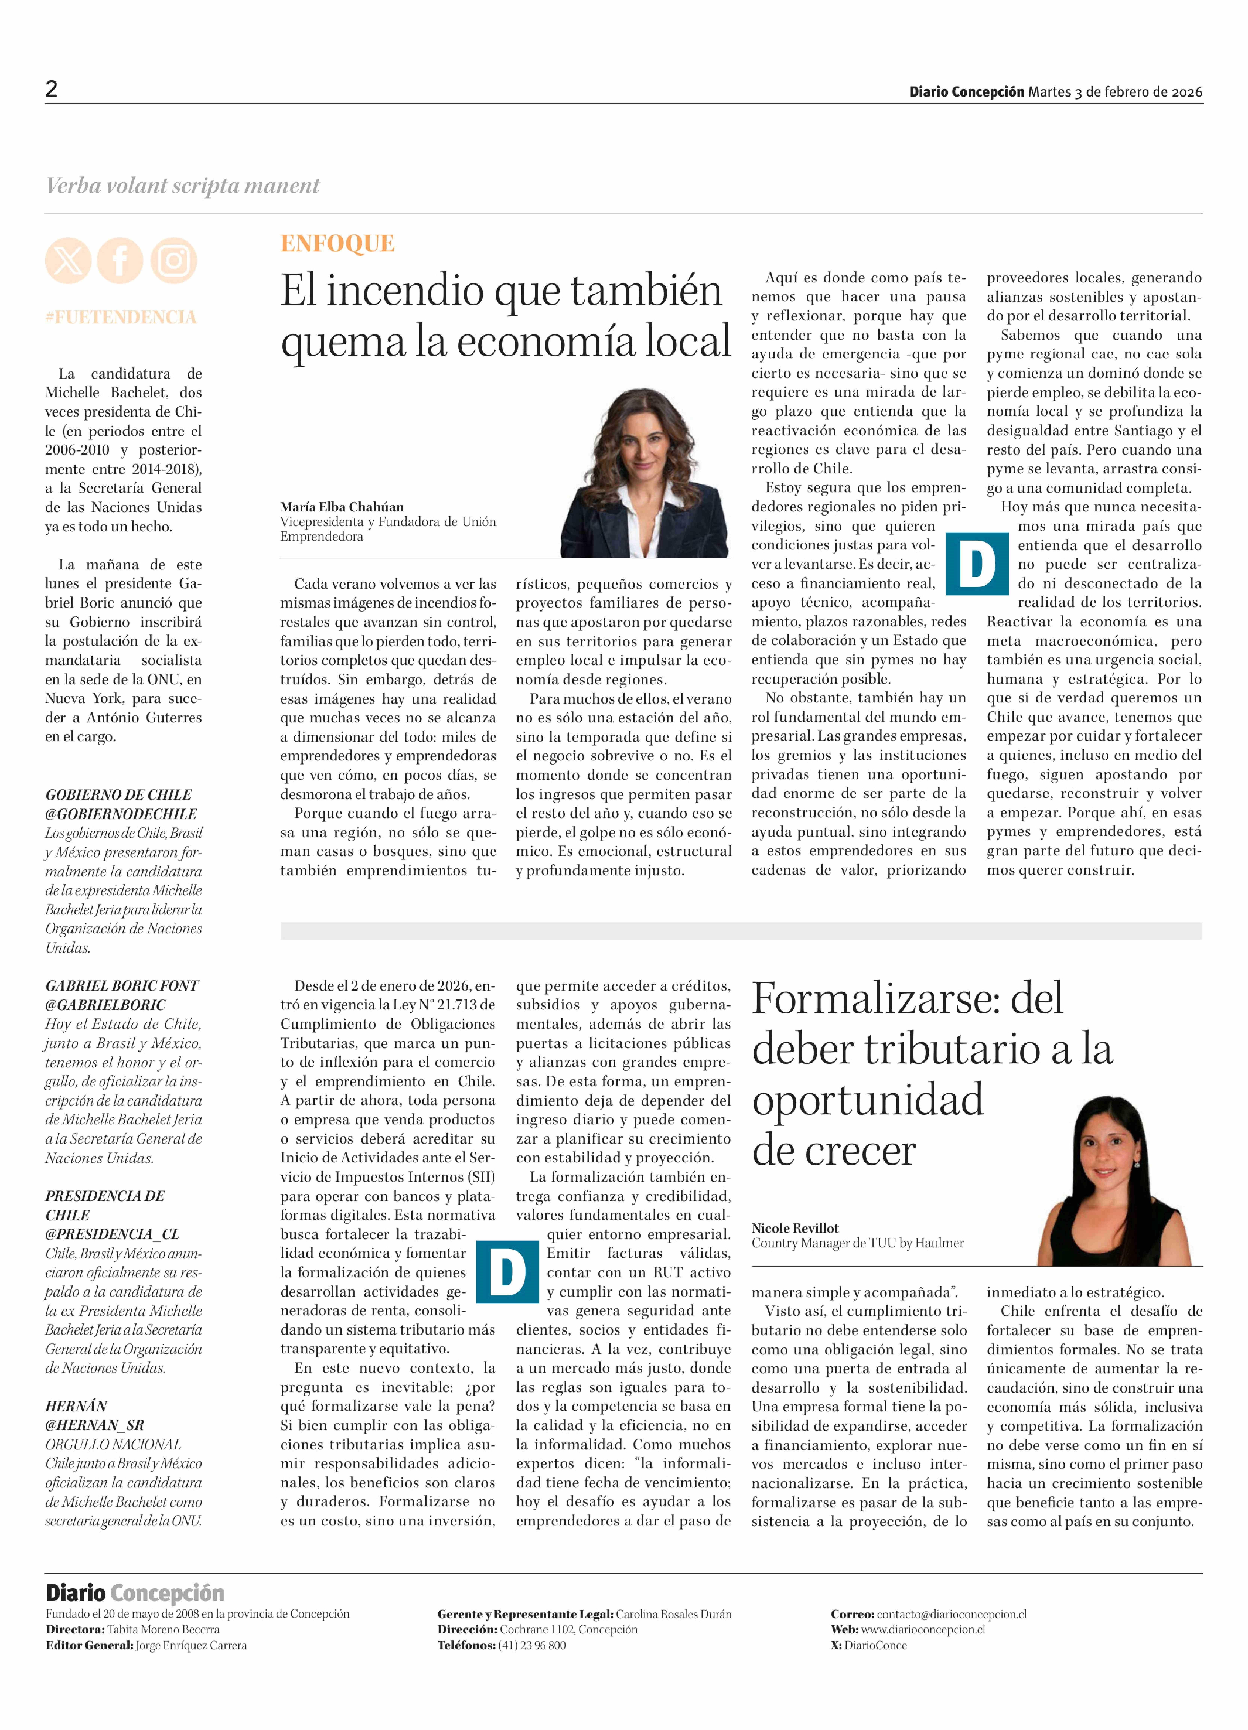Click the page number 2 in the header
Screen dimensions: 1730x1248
coord(51,89)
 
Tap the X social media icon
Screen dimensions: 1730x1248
coord(68,261)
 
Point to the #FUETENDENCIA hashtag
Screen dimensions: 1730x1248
coord(121,317)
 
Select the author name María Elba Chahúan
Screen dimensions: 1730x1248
coord(342,507)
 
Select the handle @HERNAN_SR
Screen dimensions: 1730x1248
coord(94,1425)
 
